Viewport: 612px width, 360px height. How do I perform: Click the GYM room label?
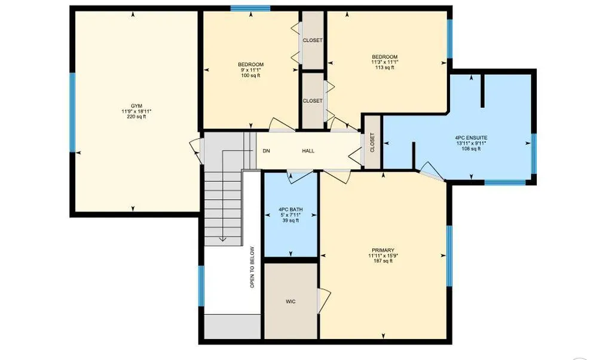(136, 106)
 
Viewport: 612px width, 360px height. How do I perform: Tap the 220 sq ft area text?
(136, 117)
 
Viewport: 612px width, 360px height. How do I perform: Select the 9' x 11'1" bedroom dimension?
(250, 70)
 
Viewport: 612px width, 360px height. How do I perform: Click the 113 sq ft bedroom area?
(384, 67)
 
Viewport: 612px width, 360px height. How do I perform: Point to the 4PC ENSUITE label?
(471, 138)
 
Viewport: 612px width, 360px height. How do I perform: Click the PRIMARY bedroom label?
(383, 251)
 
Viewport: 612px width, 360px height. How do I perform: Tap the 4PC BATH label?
(290, 210)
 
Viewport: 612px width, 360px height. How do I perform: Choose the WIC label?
(290, 301)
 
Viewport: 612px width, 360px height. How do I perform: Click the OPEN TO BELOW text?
(252, 267)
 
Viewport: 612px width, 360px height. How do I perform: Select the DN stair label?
(266, 151)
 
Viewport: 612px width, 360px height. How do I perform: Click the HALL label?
(308, 151)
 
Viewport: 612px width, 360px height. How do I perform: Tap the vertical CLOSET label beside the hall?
(372, 143)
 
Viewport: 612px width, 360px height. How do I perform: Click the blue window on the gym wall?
(72, 112)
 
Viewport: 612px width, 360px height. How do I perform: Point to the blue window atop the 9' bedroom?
(250, 8)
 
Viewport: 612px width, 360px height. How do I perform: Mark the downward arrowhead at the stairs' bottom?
(222, 239)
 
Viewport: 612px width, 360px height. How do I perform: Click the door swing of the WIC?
(324, 301)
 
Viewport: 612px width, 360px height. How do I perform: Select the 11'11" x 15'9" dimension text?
(383, 256)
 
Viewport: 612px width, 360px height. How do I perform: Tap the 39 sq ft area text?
(290, 221)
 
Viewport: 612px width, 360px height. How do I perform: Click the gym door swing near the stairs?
(196, 151)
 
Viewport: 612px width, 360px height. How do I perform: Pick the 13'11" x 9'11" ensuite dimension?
(471, 144)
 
